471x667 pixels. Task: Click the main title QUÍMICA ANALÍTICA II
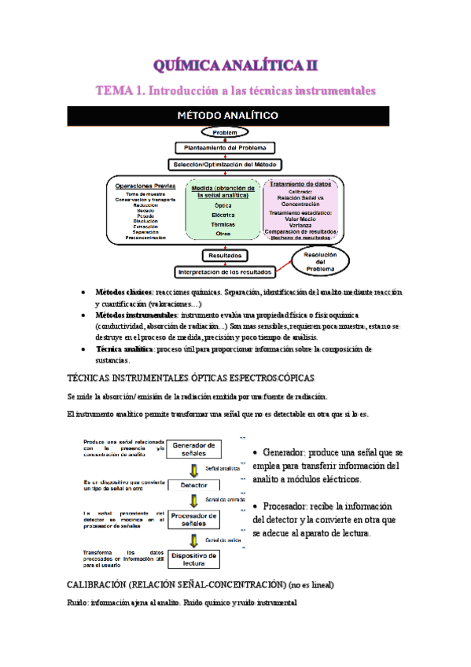click(x=236, y=64)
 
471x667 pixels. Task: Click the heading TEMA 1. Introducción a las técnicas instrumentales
click(x=236, y=91)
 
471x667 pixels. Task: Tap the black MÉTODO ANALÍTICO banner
click(x=236, y=116)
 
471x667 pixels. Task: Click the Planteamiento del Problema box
click(x=225, y=148)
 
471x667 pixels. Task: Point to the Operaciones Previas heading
click(x=145, y=186)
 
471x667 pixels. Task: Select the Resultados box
click(x=226, y=256)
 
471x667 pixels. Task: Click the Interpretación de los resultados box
click(x=225, y=271)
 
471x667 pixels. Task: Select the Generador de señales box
click(x=194, y=448)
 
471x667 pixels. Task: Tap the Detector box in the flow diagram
click(x=194, y=485)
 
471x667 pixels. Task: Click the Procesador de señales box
click(x=194, y=520)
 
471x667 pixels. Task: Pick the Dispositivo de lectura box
click(x=194, y=558)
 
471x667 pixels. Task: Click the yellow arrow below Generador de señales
click(x=194, y=468)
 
